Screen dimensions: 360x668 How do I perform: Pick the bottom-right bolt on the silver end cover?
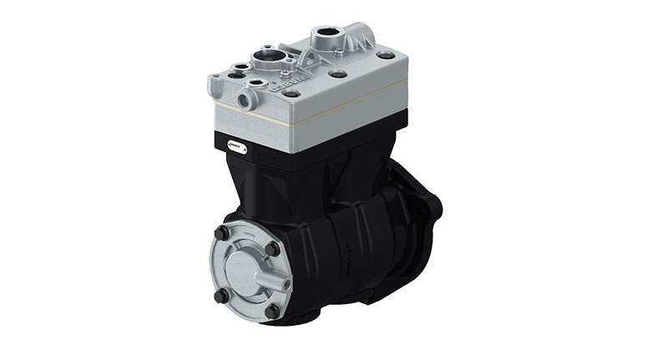point(271,312)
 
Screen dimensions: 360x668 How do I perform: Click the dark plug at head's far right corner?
point(386,55)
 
